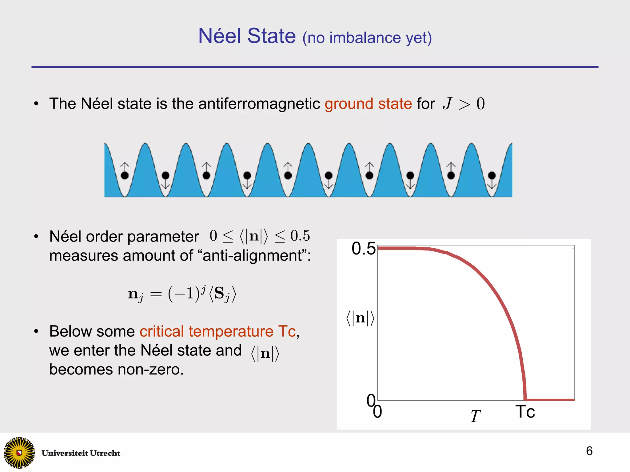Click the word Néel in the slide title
point(219,36)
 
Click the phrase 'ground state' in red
point(368,104)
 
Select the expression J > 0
point(464,104)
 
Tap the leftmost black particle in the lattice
point(125,175)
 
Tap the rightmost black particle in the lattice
point(492,175)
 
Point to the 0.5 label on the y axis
point(363,249)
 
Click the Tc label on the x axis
point(525,412)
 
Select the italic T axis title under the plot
point(475,416)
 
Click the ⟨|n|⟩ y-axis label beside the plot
point(360,318)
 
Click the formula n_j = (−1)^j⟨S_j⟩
point(182,294)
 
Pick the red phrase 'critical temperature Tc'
point(217,331)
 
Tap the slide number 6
point(589,451)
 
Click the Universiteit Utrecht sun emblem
point(19,453)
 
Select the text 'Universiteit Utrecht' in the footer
point(81,453)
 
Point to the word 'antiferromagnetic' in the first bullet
point(259,104)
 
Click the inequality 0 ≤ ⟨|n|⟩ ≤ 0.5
point(260,236)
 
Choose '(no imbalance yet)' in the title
point(367,38)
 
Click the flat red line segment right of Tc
point(550,400)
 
